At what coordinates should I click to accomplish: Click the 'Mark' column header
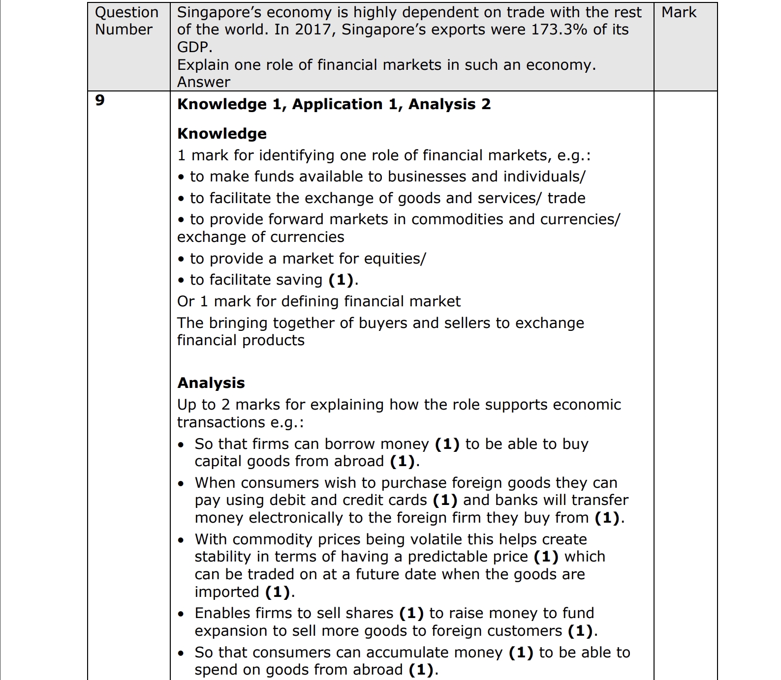pos(679,12)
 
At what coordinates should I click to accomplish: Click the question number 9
pos(100,100)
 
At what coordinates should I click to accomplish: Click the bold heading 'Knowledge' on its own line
pos(221,134)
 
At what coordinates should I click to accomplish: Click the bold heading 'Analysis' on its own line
pos(211,383)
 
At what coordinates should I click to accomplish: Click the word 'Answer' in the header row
pos(203,82)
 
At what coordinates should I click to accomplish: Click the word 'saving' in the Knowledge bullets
pos(298,280)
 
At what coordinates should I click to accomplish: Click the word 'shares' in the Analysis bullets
pos(369,613)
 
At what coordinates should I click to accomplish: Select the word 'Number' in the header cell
pos(124,30)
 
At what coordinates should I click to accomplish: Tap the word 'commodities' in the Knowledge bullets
pos(458,219)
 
